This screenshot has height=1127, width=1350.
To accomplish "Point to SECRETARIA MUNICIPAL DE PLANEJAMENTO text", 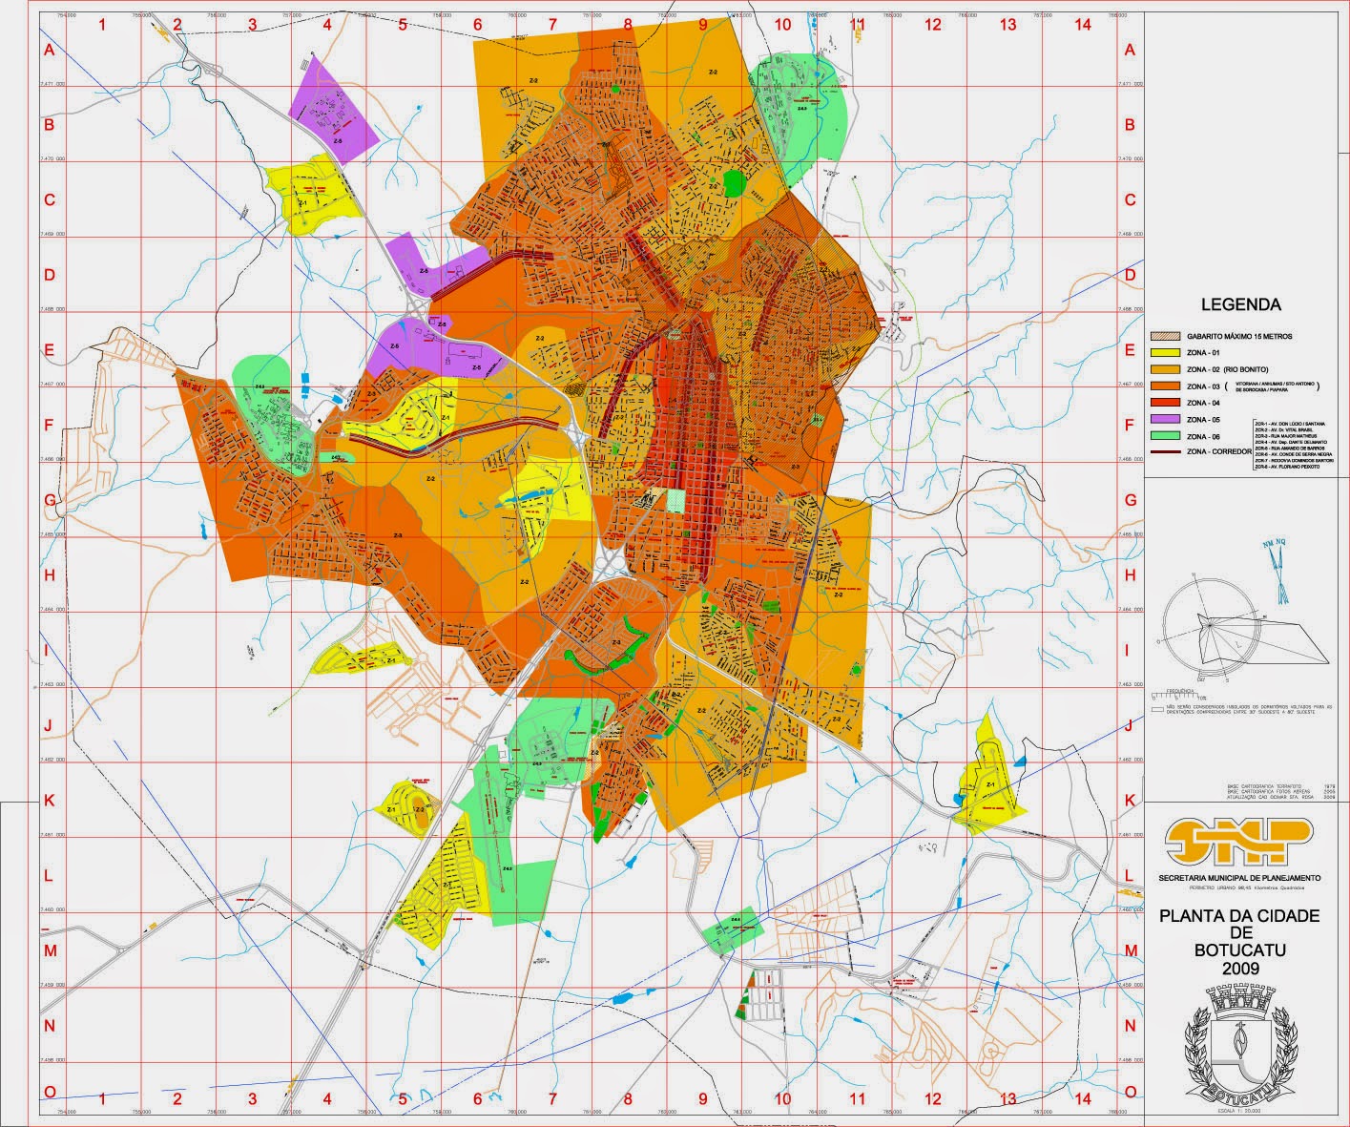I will pyautogui.click(x=1239, y=877).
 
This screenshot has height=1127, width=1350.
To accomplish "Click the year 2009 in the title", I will pyautogui.click(x=1240, y=967).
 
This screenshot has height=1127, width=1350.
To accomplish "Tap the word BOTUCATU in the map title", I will pyautogui.click(x=1240, y=950).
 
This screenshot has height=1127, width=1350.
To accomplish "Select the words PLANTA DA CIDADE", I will pyautogui.click(x=1239, y=916).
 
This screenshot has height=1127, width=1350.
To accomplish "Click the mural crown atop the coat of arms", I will pyautogui.click(x=1239, y=1000).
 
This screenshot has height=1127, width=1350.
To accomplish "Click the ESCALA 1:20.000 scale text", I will pyautogui.click(x=1239, y=1113).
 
